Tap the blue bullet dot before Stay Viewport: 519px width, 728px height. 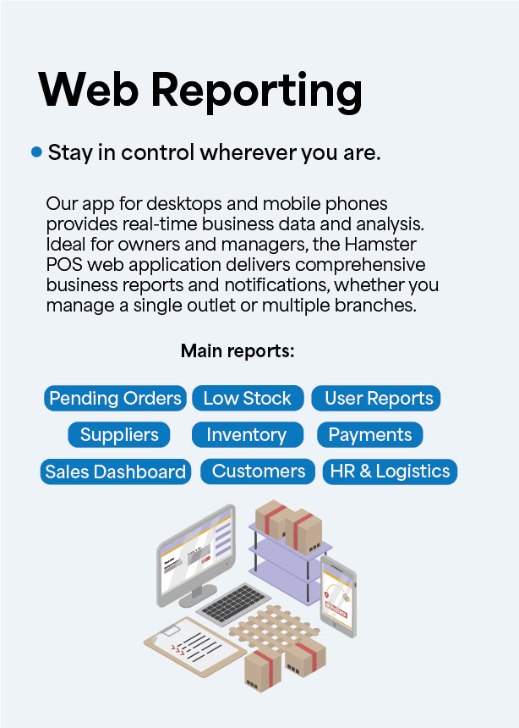tap(36, 152)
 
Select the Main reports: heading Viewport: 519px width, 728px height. tap(238, 350)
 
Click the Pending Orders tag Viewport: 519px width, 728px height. tap(115, 398)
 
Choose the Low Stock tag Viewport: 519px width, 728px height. tap(247, 398)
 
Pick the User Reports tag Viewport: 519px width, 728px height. tap(378, 398)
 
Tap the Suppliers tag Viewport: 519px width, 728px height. tap(119, 435)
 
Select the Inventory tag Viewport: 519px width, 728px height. tap(246, 435)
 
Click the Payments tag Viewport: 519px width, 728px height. tap(370, 435)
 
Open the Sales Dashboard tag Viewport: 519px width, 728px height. tap(116, 472)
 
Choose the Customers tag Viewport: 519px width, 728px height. tap(259, 472)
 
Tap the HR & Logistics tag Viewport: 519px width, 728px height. tap(390, 472)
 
